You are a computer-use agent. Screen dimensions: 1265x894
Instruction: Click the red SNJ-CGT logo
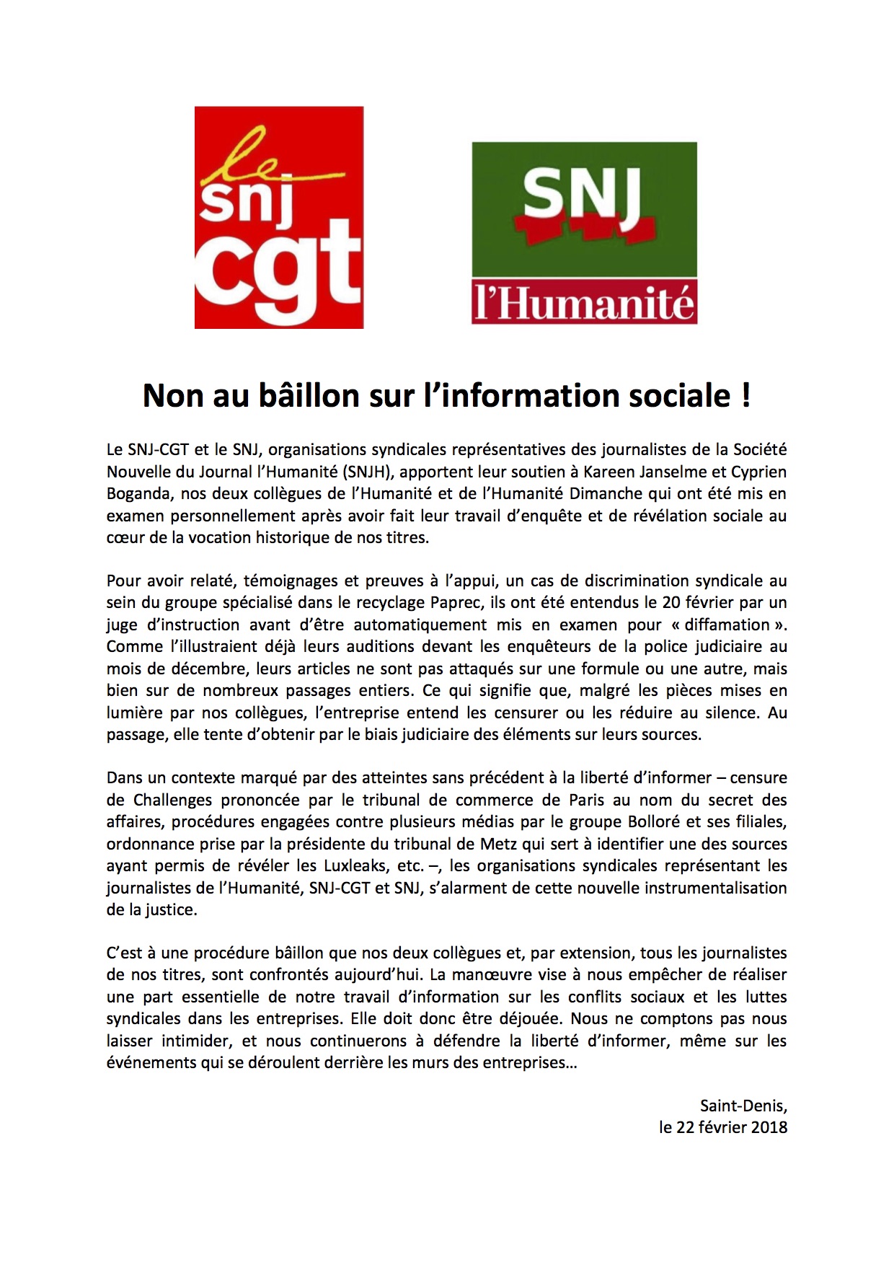(x=279, y=217)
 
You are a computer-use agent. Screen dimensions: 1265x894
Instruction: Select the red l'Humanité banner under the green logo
(x=584, y=303)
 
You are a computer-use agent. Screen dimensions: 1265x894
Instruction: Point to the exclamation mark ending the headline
(x=745, y=395)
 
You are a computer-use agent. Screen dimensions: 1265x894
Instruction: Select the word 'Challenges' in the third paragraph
(x=173, y=801)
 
